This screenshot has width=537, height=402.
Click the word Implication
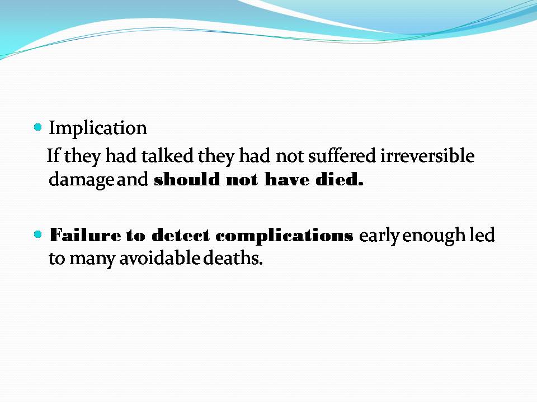tap(98, 128)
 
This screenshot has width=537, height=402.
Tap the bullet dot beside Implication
tap(38, 127)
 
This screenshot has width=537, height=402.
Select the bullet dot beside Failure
tap(38, 234)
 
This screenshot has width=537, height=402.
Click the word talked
tap(167, 156)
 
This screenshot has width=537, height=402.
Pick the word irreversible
tap(427, 156)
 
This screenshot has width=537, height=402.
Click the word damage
tap(81, 180)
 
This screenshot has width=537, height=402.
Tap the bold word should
tap(187, 179)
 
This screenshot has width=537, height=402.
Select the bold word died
tap(339, 179)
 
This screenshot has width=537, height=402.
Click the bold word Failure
tap(85, 235)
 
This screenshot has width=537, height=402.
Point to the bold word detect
tap(180, 235)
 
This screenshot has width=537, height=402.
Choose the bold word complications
tap(284, 236)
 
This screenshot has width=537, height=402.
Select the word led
tap(482, 235)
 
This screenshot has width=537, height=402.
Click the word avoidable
tap(159, 258)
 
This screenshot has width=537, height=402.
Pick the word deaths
tap(233, 258)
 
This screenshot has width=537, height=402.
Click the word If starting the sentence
tap(53, 156)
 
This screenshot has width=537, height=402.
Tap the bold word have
tap(287, 179)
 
